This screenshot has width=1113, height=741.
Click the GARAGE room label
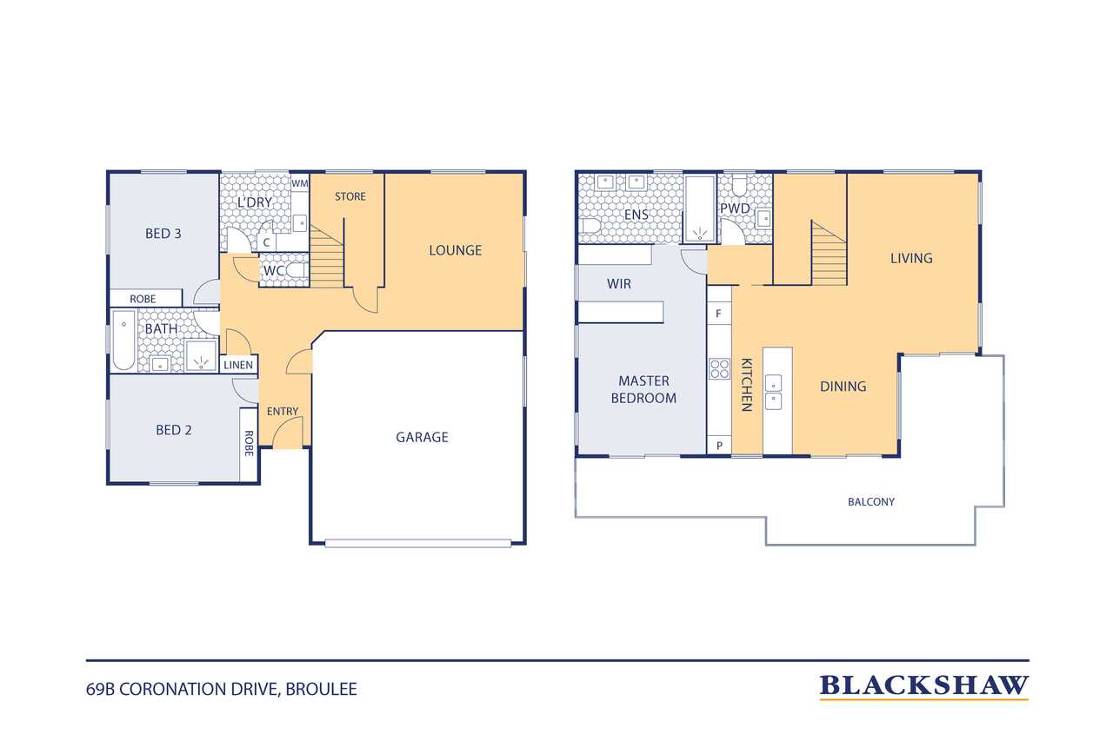[422, 437]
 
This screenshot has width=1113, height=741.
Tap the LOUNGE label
[455, 250]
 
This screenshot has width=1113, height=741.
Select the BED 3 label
[163, 234]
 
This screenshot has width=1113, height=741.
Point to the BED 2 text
[173, 430]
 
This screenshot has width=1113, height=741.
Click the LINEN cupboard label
[238, 366]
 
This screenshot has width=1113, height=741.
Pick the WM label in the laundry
[300, 183]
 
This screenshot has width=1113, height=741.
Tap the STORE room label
[350, 196]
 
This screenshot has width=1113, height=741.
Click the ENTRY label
[283, 412]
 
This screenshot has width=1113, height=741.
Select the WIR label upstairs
[618, 284]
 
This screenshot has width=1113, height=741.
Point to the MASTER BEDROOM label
[643, 389]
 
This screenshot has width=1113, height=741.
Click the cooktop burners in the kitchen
[719, 369]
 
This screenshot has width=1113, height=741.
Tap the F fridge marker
[718, 314]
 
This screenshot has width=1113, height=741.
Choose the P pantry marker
[719, 446]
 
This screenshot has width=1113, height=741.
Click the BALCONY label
[871, 502]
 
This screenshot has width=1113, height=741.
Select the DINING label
[843, 386]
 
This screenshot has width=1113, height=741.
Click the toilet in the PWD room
[740, 186]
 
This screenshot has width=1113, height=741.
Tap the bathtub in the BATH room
[123, 341]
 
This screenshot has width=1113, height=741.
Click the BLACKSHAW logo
[923, 686]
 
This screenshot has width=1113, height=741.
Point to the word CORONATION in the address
[197, 690]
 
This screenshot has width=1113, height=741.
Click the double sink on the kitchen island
[773, 392]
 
